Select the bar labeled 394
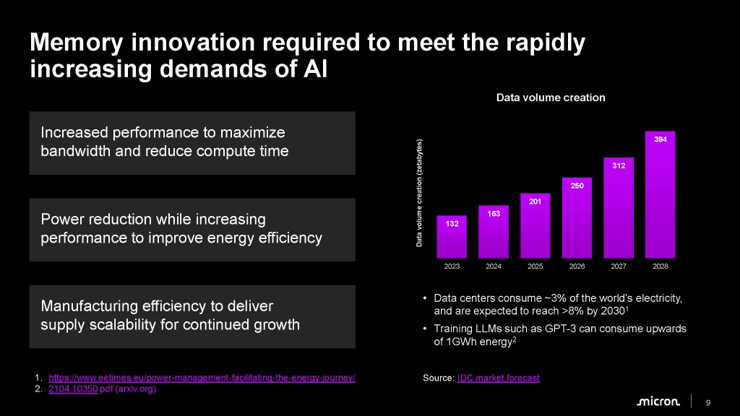point(660,195)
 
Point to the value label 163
point(494,214)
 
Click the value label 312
point(619,166)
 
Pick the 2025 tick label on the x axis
point(535,267)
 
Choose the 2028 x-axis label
point(660,267)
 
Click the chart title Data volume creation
point(551,97)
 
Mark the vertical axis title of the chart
point(418,193)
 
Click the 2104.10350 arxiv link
point(72,389)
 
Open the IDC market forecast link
point(498,378)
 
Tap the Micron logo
point(658,402)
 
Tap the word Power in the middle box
point(62,219)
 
